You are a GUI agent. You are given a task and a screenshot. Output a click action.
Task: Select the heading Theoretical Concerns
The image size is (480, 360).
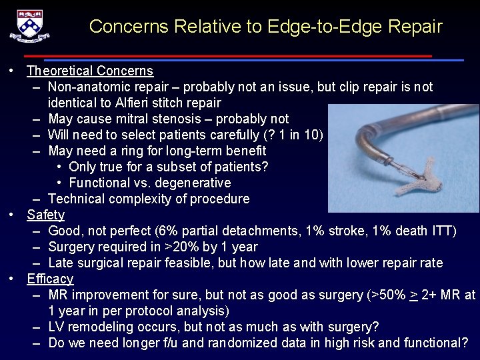pyautogui.click(x=90, y=71)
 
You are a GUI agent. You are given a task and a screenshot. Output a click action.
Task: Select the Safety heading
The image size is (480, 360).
pyautogui.click(x=45, y=215)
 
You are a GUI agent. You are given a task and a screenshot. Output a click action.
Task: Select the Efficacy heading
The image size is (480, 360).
pyautogui.click(x=50, y=279)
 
